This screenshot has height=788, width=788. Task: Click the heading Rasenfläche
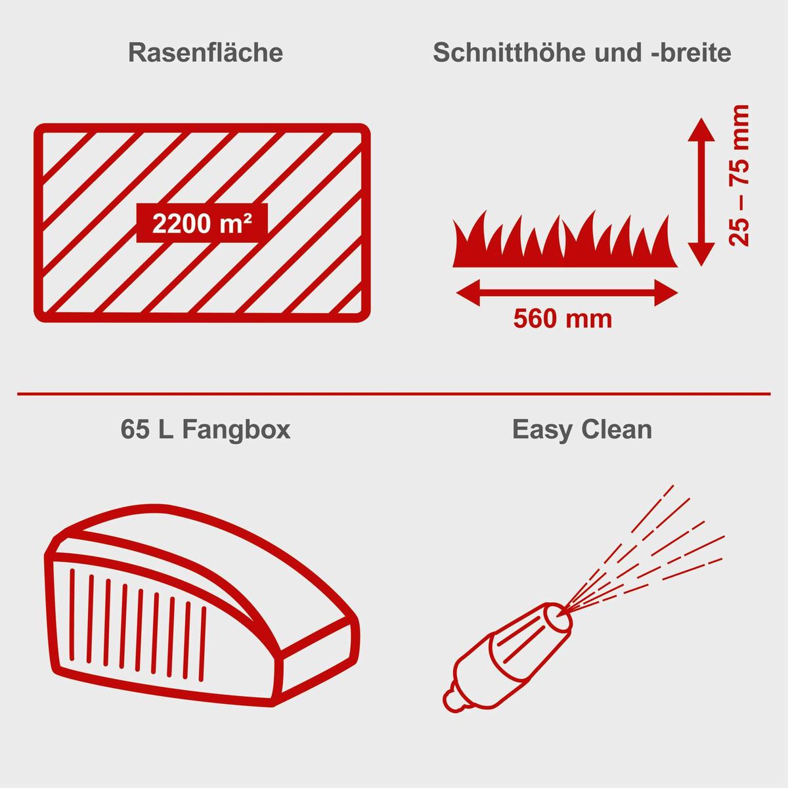tap(206, 53)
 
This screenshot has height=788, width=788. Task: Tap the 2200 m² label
tap(202, 224)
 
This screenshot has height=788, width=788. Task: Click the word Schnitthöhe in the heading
tap(510, 53)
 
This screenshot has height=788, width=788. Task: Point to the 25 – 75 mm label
tap(739, 175)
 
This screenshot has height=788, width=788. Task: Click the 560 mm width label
tap(563, 319)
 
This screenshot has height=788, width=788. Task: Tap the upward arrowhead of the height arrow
tap(701, 129)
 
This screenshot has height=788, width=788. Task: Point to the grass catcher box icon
tap(204, 604)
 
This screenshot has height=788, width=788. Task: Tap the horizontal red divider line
tap(394, 394)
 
